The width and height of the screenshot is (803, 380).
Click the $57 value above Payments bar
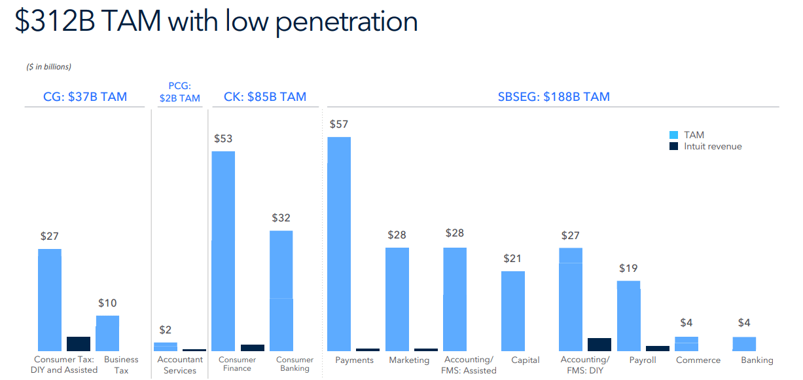pos(338,124)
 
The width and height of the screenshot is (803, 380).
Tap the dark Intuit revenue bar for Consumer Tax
pos(79,343)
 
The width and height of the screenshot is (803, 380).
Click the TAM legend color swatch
pos(673,135)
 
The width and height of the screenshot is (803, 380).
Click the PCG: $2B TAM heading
pos(179,92)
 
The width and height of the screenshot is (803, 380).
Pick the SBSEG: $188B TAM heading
pos(554,97)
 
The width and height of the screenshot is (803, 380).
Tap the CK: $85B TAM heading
pos(265,97)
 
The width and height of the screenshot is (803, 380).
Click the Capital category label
pos(526,360)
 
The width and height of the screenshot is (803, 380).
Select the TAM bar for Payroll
pos(628,316)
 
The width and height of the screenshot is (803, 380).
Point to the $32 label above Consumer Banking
pos(281,218)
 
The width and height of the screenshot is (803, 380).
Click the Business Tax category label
pos(121,365)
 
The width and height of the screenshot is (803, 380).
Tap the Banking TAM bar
pos(744,344)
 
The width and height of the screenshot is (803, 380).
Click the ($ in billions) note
pos(49,67)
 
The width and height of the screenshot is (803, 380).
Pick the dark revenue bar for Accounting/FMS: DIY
pos(599,344)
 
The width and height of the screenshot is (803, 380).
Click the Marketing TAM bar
pos(397,299)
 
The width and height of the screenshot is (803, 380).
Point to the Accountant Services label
pos(180,365)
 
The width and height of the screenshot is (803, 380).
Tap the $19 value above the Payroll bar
pos(628,268)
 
